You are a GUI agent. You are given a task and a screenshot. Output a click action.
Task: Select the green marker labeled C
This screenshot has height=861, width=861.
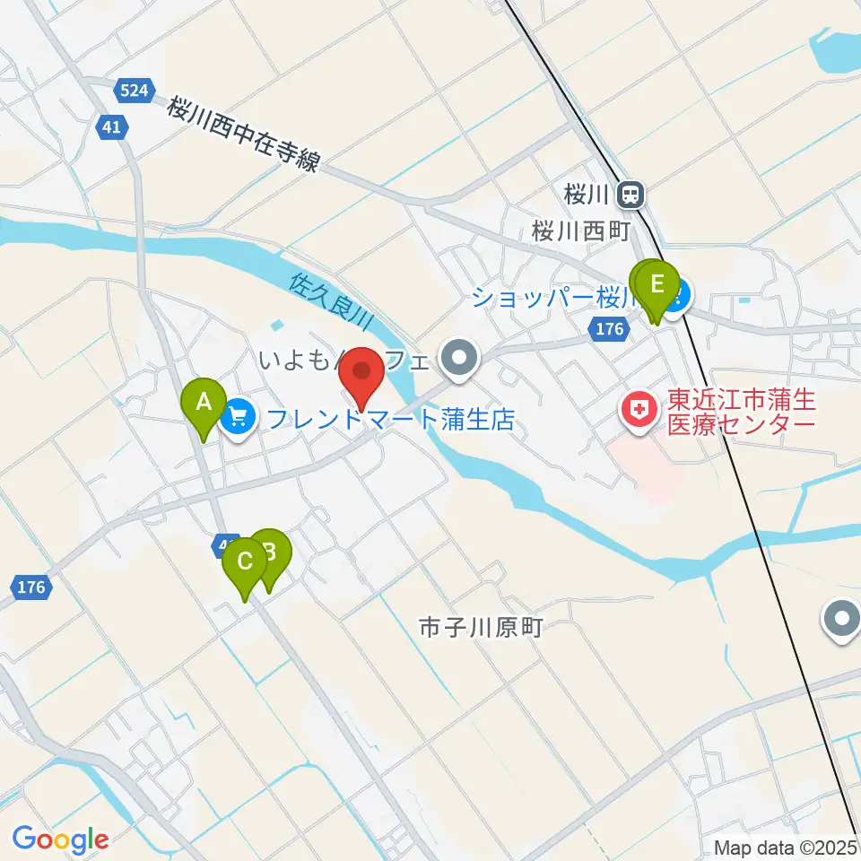tap(244, 564)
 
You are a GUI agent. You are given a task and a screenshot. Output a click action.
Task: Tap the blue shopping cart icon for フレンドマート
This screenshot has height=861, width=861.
tap(239, 416)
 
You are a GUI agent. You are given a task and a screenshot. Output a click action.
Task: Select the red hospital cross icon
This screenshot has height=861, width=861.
tap(639, 413)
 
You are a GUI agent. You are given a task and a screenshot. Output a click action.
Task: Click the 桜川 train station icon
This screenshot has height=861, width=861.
tap(632, 193)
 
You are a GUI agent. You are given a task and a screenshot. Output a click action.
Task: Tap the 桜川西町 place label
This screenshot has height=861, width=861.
tap(582, 230)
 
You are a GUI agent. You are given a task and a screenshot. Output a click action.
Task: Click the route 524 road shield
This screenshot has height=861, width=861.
tap(135, 90)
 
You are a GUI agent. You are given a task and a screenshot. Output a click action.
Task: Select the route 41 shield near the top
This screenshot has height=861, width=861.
tap(111, 127)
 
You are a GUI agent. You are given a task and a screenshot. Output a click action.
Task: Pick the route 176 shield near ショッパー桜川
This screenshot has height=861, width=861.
tap(609, 329)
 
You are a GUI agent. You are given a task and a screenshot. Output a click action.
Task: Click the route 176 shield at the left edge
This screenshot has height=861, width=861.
tap(31, 588)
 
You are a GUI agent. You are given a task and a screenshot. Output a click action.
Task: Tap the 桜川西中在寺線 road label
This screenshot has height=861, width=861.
tap(243, 135)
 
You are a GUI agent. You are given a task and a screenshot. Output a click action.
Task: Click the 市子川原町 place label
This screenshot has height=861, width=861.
tap(482, 627)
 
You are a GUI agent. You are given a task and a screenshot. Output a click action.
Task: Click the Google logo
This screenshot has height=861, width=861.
tap(60, 839)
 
